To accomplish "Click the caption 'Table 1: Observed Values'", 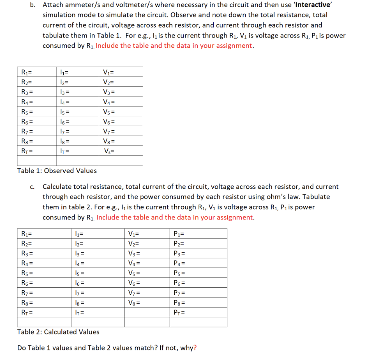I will (57, 171).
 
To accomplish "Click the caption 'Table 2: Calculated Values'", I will (58, 332).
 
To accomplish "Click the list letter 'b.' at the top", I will (33, 5).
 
